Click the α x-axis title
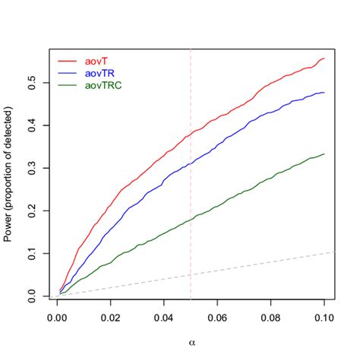point(191,335)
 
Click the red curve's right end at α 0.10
point(324,59)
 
